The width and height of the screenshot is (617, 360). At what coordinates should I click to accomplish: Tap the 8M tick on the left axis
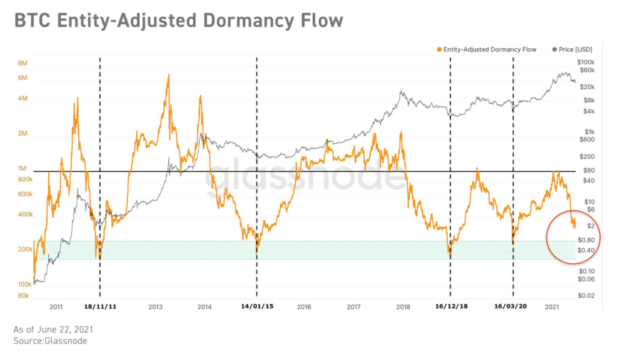click(23, 63)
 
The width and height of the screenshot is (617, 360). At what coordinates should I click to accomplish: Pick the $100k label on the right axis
click(586, 62)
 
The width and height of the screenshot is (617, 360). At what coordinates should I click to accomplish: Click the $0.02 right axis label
click(586, 295)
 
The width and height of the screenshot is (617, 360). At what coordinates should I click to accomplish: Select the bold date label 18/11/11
click(99, 306)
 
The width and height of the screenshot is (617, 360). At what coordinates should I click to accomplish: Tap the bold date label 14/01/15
click(257, 306)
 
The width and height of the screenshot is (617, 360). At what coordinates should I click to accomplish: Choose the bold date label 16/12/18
click(451, 306)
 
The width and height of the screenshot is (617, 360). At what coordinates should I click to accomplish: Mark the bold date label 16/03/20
click(512, 306)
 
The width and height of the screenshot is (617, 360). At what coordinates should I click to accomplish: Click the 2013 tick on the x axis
click(155, 306)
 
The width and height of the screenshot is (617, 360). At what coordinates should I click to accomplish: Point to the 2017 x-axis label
click(354, 306)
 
